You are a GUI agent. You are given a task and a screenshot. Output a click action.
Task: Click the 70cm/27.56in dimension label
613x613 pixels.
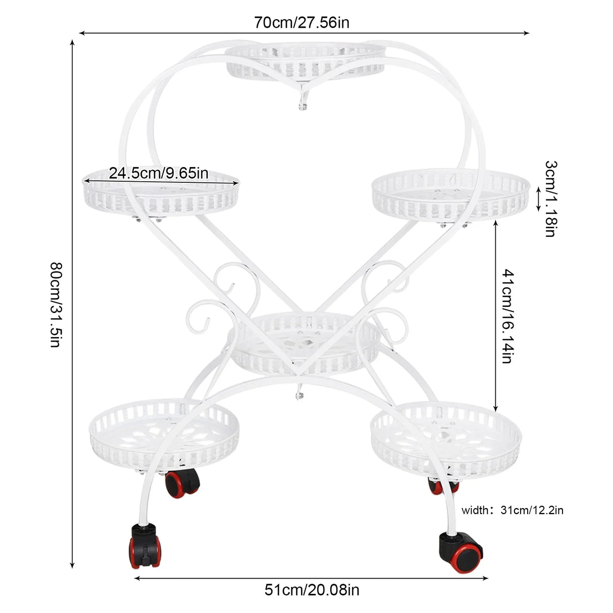click(301, 23)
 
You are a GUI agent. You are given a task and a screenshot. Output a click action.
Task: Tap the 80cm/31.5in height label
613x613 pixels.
click(56, 304)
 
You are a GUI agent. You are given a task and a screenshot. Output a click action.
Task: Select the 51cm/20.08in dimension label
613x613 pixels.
click(312, 590)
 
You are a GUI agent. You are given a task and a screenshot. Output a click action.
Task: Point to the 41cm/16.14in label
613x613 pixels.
click(507, 316)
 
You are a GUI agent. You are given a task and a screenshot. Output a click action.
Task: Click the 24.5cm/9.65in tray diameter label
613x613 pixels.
click(159, 173)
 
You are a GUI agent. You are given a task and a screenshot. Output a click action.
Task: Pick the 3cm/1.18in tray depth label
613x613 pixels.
click(551, 199)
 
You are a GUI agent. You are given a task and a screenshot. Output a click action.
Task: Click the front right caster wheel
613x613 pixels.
click(461, 552)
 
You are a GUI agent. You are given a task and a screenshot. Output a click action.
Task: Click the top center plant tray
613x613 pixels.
click(305, 61)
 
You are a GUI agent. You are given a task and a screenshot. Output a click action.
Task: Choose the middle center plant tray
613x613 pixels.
click(304, 343)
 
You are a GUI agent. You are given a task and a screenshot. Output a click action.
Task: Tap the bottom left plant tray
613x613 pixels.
click(164, 435)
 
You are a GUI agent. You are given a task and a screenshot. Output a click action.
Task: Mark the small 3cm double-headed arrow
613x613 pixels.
click(539, 199)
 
